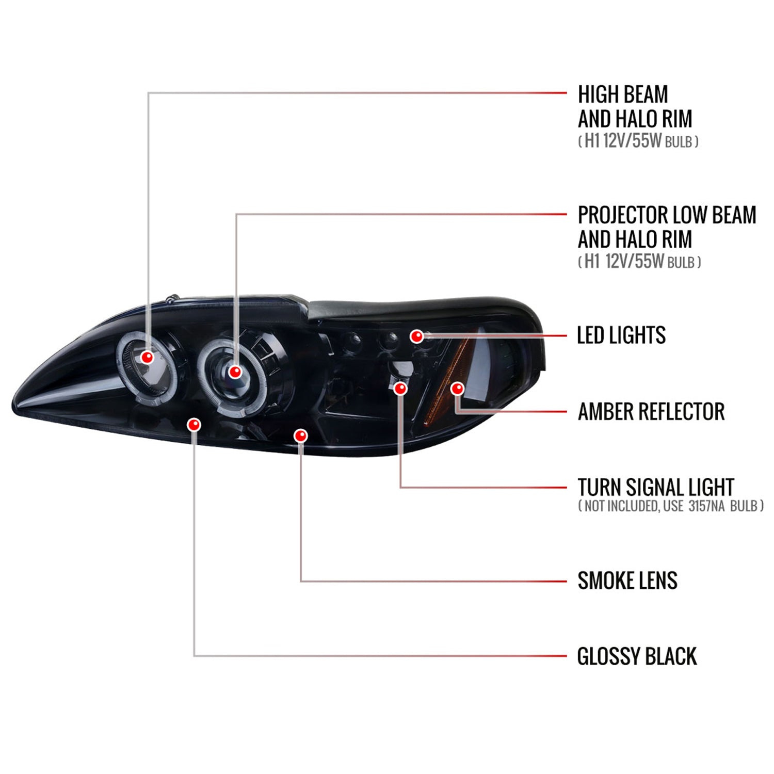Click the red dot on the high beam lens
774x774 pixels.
coord(148,357)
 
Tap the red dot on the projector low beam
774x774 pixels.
coord(235,372)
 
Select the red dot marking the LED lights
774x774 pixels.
coord(417,336)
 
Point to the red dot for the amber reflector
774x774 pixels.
coord(457,388)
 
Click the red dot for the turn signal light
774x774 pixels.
coord(400,388)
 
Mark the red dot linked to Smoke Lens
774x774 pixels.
coord(300,436)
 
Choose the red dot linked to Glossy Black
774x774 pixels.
coord(194,425)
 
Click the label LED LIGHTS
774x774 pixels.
coord(621,335)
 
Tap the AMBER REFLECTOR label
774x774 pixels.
coord(651,412)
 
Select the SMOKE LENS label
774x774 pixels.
coord(627,581)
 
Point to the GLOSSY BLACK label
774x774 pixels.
coord(637,657)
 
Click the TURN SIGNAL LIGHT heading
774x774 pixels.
coord(655,487)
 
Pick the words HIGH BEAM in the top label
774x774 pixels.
coord(623,95)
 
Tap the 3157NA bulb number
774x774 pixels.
coord(706,506)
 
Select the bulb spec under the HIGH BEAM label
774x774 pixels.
coord(638,141)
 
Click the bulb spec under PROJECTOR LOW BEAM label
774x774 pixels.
coord(640,262)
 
